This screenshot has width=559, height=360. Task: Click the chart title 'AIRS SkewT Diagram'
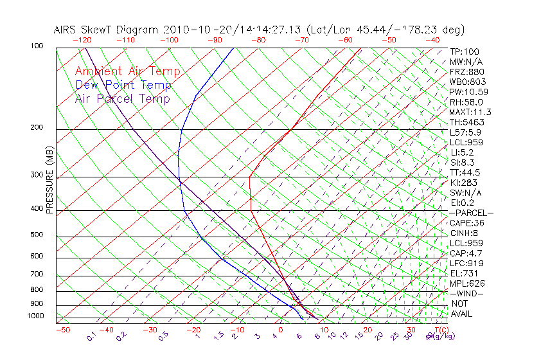point(107,30)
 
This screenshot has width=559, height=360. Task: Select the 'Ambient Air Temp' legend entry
point(127,71)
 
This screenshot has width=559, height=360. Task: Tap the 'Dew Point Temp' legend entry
point(123,85)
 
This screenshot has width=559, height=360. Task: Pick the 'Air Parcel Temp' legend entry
point(122,98)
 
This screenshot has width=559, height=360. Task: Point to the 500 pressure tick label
point(37,235)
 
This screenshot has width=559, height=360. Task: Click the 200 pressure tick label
point(37,128)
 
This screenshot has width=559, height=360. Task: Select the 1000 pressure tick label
point(35,316)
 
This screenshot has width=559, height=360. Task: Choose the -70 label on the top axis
point(301,40)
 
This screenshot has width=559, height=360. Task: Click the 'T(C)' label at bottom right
point(440,330)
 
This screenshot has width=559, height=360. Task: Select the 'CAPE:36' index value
point(466,223)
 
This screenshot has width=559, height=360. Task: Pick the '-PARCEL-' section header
point(472,213)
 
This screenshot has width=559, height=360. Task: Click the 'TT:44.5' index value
point(465,172)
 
